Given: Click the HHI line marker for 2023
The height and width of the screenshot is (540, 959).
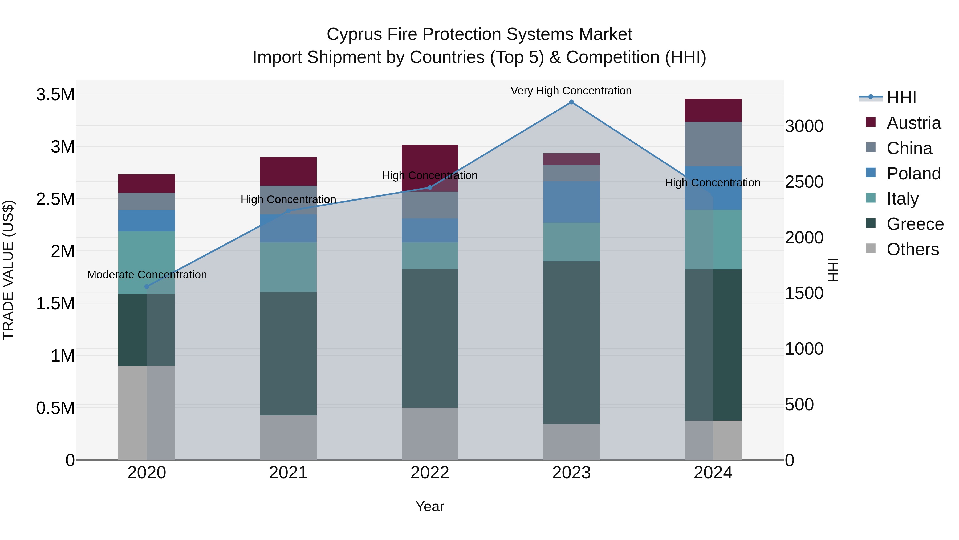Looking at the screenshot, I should (571, 102).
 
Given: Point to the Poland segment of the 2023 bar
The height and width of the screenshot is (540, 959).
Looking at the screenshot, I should (571, 202).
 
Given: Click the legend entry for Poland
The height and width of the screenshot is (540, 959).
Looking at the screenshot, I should (913, 174).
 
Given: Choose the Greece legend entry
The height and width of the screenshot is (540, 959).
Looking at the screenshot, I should (915, 224).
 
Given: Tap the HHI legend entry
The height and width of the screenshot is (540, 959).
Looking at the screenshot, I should (901, 98).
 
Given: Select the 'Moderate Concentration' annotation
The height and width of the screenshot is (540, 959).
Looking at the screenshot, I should (147, 275).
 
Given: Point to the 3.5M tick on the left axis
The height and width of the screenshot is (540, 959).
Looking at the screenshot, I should (55, 95).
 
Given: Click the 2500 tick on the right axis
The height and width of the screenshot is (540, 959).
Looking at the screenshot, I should (804, 182).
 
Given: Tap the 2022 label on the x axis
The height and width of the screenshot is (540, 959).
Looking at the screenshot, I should (430, 473).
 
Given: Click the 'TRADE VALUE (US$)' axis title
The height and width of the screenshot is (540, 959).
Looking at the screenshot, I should (8, 270).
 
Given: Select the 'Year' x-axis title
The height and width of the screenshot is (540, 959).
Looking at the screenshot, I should (430, 506).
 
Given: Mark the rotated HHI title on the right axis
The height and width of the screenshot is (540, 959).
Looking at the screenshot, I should (833, 270).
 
